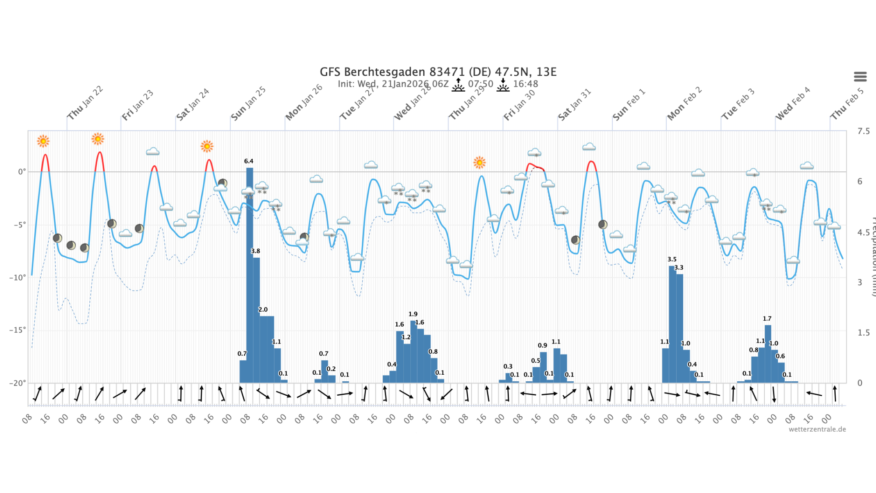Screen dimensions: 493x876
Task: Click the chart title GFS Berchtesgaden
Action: pos(438,72)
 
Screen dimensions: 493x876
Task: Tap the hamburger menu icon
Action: pos(860,77)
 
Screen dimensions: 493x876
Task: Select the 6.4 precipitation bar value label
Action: pos(249,161)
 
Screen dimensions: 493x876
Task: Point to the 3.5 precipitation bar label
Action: pos(672,259)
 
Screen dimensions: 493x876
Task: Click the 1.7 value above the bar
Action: pos(767,319)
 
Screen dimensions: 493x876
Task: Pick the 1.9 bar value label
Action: pos(413,314)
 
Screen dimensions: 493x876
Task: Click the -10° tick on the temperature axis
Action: pos(18,278)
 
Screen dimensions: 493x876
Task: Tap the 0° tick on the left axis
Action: pos(21,172)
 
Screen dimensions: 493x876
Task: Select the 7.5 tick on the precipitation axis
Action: pos(863,131)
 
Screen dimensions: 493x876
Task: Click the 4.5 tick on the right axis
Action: pos(863,232)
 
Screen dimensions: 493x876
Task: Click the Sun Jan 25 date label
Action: pos(248,104)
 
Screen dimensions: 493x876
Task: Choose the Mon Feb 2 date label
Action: pos(684,104)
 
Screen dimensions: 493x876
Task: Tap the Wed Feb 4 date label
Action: pos(792,104)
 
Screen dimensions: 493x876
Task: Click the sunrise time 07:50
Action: pos(480,84)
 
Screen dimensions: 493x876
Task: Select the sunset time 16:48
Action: pos(526,84)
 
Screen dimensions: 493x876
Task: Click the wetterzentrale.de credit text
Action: pos(817,429)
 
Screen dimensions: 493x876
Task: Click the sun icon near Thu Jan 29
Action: pos(480,163)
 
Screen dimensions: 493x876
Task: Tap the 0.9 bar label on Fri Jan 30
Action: pos(542,345)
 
